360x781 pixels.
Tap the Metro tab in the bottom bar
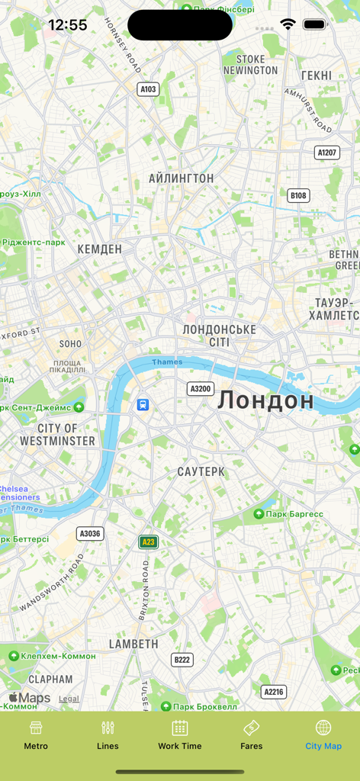(x=36, y=735)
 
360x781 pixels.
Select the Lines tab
(x=108, y=735)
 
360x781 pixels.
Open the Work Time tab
(x=180, y=735)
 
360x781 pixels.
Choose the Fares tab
(x=252, y=735)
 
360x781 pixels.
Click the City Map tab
(x=323, y=735)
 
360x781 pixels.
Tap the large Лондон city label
(x=265, y=400)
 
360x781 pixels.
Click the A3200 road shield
(x=200, y=389)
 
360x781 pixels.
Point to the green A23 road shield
(x=148, y=542)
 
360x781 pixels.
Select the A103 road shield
(x=148, y=89)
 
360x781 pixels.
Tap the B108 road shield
(x=298, y=196)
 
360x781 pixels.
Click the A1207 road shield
(x=326, y=153)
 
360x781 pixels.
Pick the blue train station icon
(x=143, y=404)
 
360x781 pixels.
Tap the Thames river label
(x=167, y=362)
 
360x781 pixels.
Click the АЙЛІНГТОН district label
(x=182, y=178)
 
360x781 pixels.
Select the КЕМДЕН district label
(x=100, y=249)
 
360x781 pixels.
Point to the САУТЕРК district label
(x=201, y=471)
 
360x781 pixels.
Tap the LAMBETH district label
(x=133, y=644)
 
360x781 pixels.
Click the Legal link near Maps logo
(x=69, y=699)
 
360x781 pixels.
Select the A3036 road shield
(x=90, y=534)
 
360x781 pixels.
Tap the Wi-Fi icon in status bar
(x=288, y=24)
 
